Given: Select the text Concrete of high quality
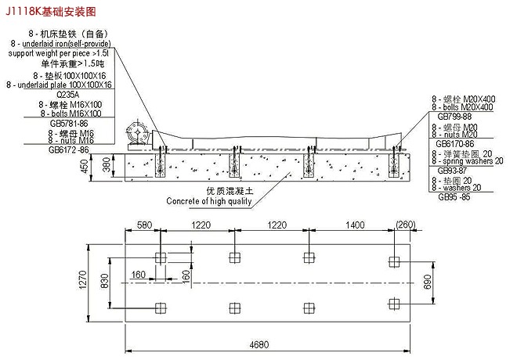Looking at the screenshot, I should [x=209, y=200].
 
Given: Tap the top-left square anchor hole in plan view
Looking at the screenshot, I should [x=161, y=257].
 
